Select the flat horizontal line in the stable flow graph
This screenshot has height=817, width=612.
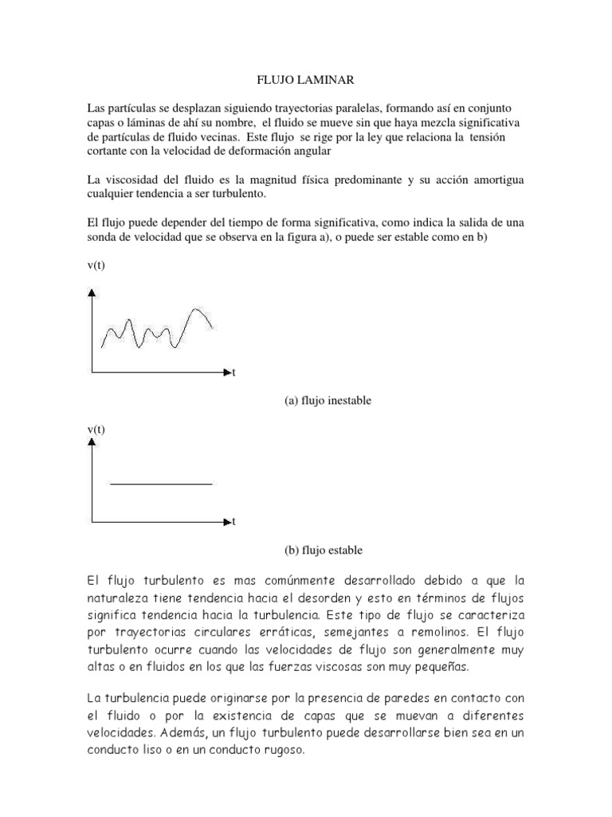[161, 483]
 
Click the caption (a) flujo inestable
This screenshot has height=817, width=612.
[328, 401]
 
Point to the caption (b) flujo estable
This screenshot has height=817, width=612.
[323, 550]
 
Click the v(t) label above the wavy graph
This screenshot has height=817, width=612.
[96, 266]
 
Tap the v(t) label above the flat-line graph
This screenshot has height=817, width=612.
[96, 430]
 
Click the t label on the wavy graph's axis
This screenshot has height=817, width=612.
[233, 373]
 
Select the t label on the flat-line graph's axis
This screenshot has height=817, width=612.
[233, 523]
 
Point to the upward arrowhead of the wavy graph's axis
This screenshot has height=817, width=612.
[93, 293]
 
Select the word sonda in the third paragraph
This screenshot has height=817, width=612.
[103, 238]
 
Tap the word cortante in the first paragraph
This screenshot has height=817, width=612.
[108, 151]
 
